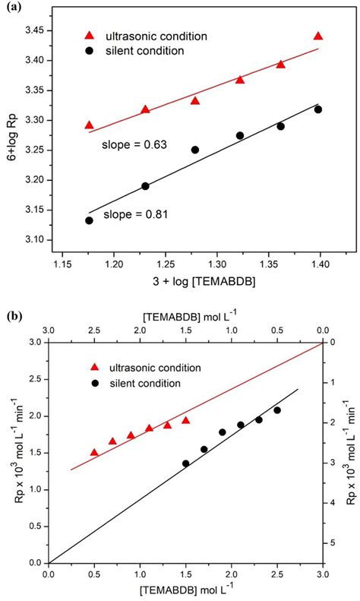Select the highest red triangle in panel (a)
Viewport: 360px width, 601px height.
click(x=318, y=36)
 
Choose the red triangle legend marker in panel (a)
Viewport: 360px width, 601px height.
click(x=90, y=35)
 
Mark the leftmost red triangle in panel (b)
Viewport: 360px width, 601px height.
click(x=94, y=452)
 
